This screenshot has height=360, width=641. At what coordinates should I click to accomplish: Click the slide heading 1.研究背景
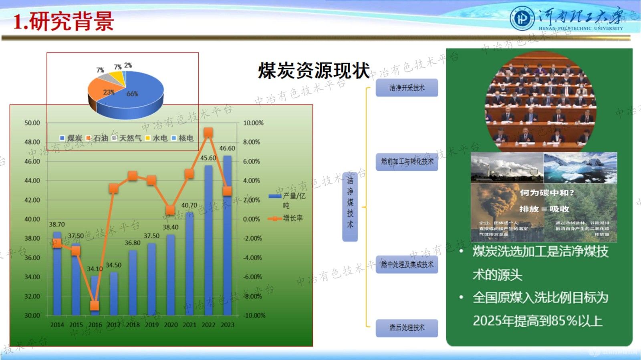63,21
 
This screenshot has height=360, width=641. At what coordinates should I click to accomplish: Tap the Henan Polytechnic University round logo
522,18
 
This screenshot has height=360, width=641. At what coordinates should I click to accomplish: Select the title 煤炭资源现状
314,71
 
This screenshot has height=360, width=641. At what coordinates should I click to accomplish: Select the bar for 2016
95,296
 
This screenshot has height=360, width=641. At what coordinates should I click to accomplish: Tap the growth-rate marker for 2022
208,133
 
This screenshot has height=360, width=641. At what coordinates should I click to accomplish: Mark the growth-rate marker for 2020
170,210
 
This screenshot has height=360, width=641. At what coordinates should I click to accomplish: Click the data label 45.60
208,158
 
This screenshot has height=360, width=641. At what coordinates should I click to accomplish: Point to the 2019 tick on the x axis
151,325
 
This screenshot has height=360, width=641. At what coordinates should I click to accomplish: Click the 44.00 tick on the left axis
32,181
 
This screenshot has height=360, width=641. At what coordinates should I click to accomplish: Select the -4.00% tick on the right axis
252,257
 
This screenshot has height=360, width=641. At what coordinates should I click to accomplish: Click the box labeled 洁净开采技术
407,88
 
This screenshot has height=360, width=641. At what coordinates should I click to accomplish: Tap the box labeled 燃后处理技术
407,328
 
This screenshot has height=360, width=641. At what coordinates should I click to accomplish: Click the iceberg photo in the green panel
580,167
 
